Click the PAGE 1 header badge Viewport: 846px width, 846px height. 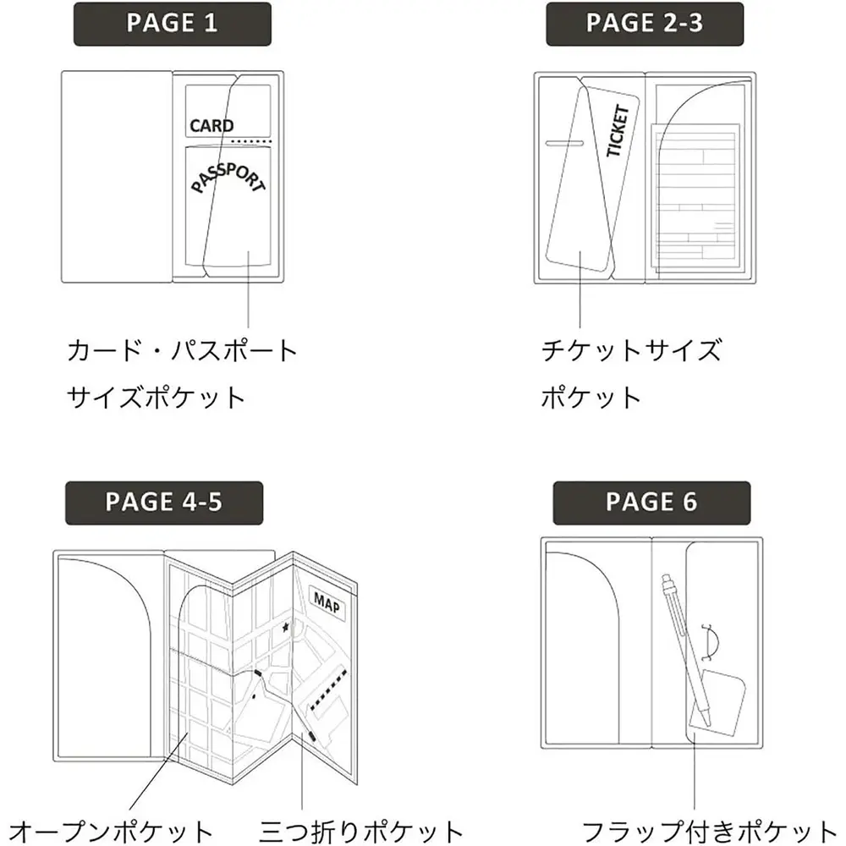(172, 25)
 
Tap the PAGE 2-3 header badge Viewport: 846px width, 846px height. (645, 25)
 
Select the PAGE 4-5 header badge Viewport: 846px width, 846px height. (164, 503)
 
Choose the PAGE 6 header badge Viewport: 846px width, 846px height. (651, 503)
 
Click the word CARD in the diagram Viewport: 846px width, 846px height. (211, 126)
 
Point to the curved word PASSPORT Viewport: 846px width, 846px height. (228, 178)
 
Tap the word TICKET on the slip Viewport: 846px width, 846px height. (618, 130)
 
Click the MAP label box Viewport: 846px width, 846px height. (327, 602)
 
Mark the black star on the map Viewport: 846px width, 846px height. (285, 628)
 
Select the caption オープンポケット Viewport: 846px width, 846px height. (111, 832)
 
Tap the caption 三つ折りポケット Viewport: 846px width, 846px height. (361, 832)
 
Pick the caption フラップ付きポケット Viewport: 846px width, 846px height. (709, 832)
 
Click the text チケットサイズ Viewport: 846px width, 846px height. (631, 351)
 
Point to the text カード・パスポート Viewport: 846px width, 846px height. (183, 351)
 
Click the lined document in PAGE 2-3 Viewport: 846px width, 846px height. (695, 197)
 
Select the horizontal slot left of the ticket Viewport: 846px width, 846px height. (564, 144)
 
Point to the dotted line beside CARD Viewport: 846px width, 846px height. (251, 141)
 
